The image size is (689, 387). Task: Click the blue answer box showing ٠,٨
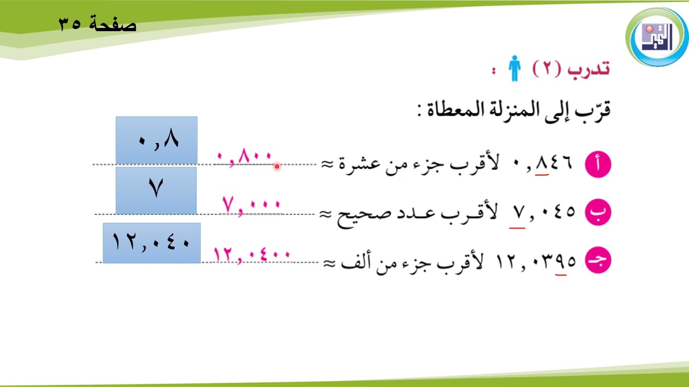[157, 140]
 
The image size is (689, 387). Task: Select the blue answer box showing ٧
[156, 190]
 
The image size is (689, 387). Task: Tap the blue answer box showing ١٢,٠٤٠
[151, 243]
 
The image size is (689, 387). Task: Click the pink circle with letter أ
[598, 164]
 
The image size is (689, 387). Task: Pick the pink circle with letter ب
[598, 212]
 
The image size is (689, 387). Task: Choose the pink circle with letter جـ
[598, 261]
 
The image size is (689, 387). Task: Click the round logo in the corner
[657, 37]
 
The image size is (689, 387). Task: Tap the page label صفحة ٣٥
[97, 25]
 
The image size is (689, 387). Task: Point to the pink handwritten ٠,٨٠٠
[245, 159]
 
